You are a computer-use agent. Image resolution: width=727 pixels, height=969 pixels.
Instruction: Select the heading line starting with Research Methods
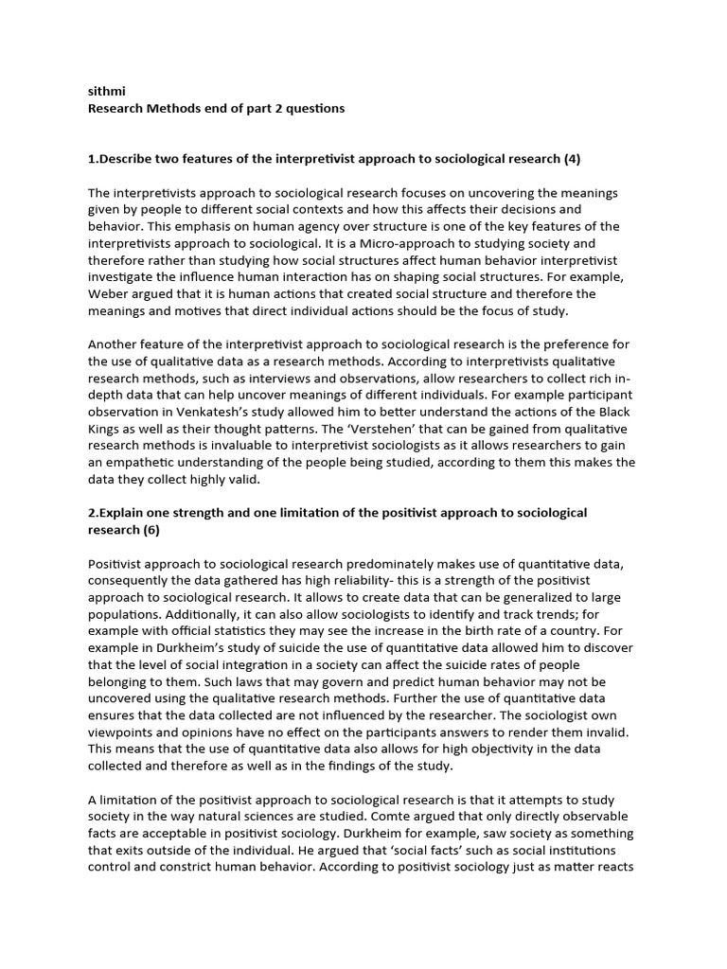point(216,109)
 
